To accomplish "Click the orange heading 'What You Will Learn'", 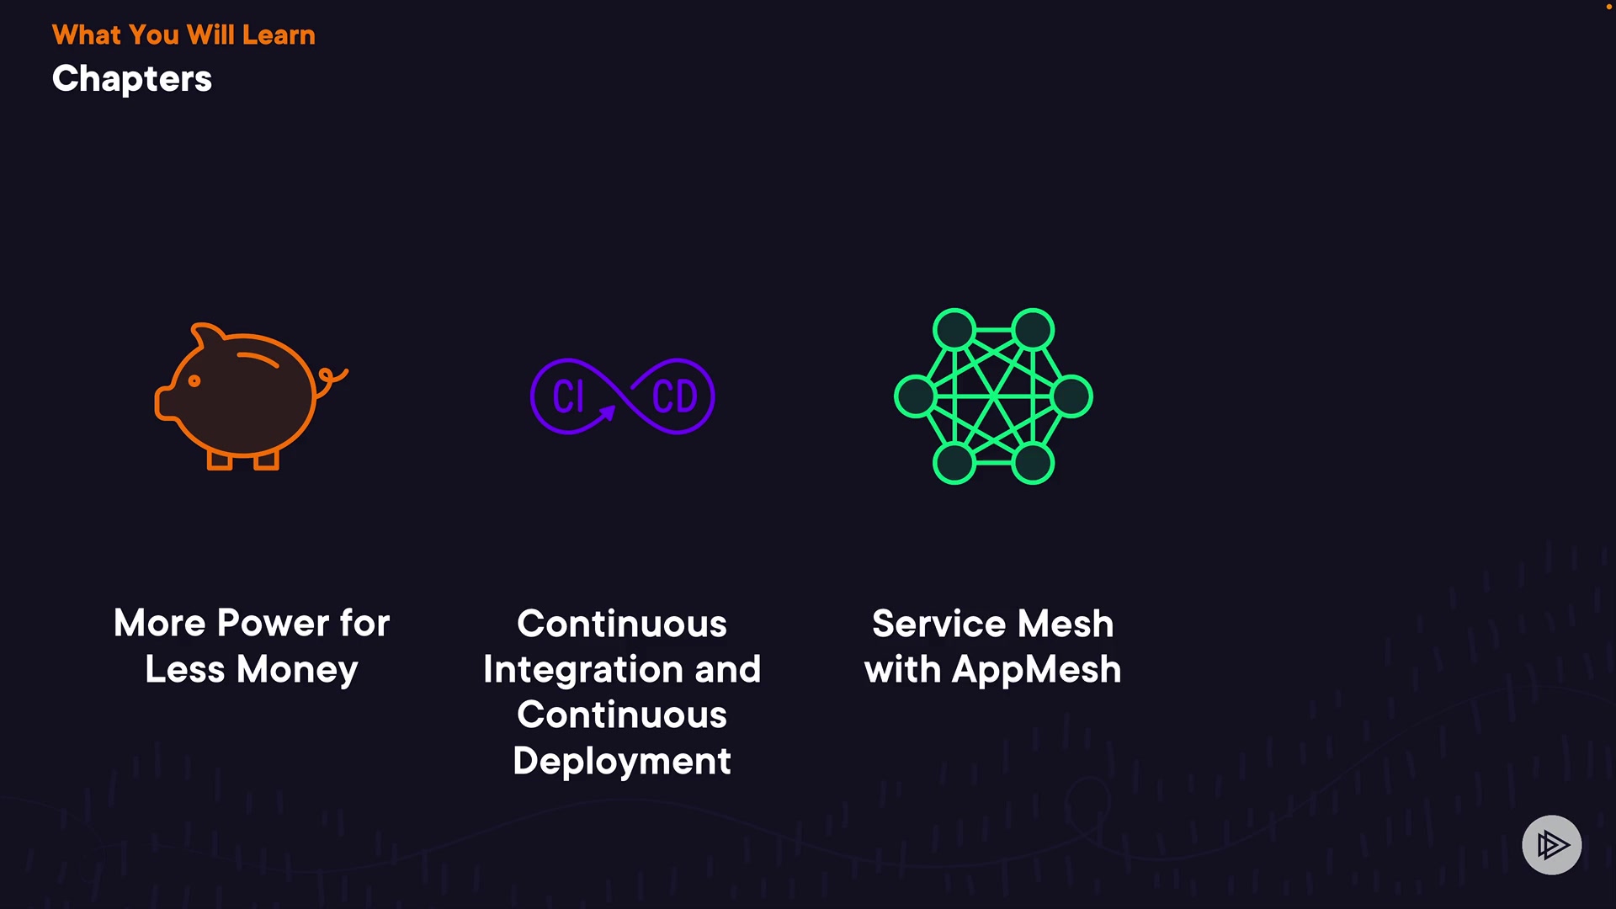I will point(183,35).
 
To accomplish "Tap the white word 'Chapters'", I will point(132,79).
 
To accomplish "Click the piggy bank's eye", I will point(194,381).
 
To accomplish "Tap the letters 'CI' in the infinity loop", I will point(568,396).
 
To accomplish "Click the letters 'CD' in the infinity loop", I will point(674,396).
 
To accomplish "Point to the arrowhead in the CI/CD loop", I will point(608,412).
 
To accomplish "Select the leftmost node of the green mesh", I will point(915,396).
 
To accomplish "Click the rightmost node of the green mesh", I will point(1071,396).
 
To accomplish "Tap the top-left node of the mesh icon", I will point(954,329).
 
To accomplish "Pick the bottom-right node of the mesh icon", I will point(1033,463).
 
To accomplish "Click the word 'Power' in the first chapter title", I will point(273,624).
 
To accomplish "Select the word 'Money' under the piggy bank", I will point(297,670).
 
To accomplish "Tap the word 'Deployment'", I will point(622,762).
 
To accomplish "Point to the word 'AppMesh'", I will point(1036,670).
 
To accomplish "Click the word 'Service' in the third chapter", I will point(938,624).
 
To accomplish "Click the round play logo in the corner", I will point(1551,845).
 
